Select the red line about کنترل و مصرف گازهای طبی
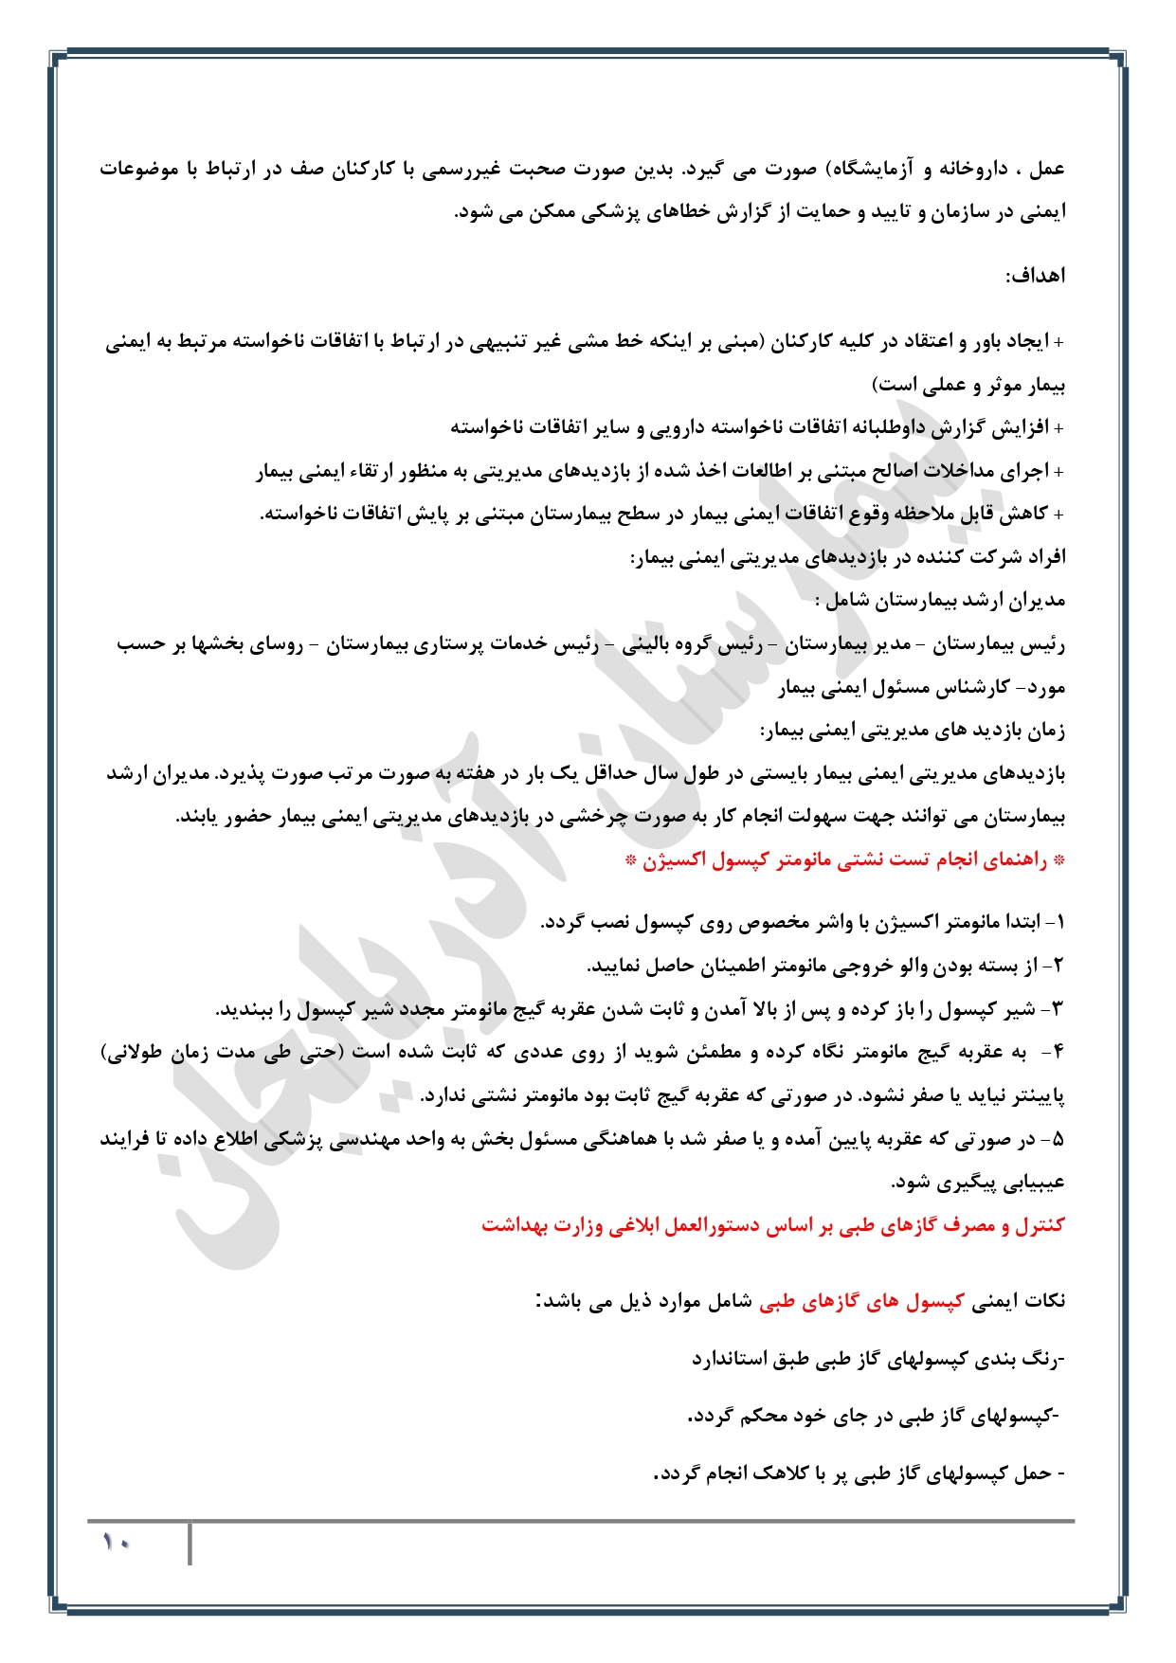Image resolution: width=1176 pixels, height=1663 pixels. pyautogui.click(x=772, y=1225)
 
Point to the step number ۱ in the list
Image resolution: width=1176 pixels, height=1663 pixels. pyautogui.click(x=1059, y=922)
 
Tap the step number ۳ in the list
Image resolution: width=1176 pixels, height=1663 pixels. pyautogui.click(x=1058, y=1009)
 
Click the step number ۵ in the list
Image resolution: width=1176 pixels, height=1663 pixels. pyautogui.click(x=1058, y=1139)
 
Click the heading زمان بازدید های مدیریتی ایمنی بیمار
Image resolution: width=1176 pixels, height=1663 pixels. pyautogui.click(x=913, y=731)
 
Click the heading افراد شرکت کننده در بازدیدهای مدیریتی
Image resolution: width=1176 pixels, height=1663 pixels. pyautogui.click(x=848, y=558)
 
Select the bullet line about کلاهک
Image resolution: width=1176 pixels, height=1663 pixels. pyautogui.click(x=859, y=1474)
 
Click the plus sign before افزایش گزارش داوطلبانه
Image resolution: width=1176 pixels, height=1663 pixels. pyautogui.click(x=1058, y=428)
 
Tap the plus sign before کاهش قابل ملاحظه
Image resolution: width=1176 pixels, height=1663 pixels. pyautogui.click(x=1058, y=515)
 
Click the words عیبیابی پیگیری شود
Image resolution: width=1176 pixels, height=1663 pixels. pyautogui.click(x=977, y=1183)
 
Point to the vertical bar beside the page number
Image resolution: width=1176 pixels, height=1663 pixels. pyautogui.click(x=190, y=1544)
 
